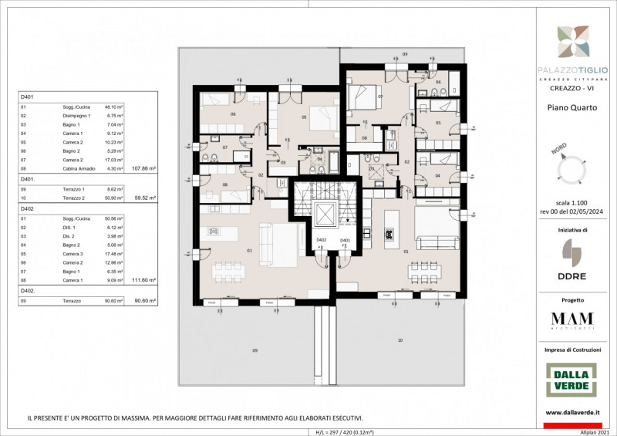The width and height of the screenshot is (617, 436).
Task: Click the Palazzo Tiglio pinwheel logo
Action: point(572,42)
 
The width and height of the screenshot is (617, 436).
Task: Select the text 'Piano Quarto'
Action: point(572,108)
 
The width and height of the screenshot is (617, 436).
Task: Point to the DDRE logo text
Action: point(572,276)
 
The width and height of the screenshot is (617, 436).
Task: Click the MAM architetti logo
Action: point(572,319)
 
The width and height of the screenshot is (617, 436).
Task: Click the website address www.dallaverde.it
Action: point(572,413)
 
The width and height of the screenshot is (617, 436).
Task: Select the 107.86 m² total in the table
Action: point(144,167)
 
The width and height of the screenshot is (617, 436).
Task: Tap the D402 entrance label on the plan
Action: point(322,240)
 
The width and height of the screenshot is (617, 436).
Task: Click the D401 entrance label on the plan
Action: point(345,240)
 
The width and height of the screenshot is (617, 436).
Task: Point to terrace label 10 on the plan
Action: point(400,340)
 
